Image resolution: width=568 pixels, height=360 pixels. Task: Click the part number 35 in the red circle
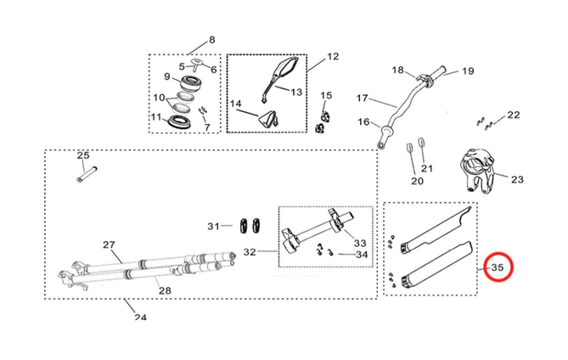(x=498, y=269)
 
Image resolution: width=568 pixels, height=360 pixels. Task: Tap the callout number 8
(x=211, y=40)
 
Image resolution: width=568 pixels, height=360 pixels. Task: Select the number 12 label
(x=332, y=57)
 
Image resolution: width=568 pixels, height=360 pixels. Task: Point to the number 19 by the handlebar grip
(x=467, y=72)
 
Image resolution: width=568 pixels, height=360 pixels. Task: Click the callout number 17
(x=361, y=98)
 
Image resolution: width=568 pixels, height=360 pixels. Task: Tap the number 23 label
(x=517, y=179)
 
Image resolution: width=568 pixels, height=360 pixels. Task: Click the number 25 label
(x=82, y=155)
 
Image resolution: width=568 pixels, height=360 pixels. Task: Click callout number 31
(x=213, y=226)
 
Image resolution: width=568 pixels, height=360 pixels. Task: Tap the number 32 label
(x=249, y=251)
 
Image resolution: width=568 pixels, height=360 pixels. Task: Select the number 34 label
(x=362, y=255)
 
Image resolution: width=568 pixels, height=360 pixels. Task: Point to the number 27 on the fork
(x=109, y=245)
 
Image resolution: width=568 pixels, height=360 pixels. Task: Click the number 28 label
(x=165, y=290)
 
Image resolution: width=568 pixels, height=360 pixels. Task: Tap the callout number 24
(x=139, y=318)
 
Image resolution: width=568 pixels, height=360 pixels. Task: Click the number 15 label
(x=326, y=95)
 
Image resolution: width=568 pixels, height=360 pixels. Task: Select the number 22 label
(x=513, y=115)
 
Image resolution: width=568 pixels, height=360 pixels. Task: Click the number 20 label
(x=417, y=181)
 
